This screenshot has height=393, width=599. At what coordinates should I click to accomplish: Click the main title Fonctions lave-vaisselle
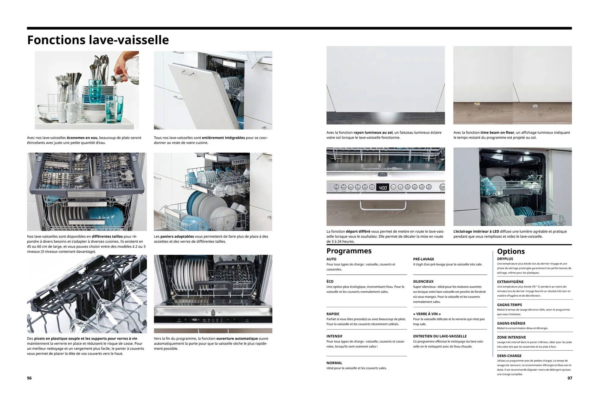(x=98, y=40)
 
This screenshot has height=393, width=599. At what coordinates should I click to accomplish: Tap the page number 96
(x=29, y=378)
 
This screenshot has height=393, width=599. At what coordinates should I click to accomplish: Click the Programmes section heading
(x=349, y=251)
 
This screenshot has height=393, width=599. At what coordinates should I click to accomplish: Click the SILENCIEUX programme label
(x=423, y=281)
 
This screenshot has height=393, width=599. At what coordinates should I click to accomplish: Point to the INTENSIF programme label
(x=334, y=336)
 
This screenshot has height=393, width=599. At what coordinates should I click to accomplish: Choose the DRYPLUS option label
(x=505, y=259)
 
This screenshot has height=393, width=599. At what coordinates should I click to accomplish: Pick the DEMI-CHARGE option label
(x=509, y=356)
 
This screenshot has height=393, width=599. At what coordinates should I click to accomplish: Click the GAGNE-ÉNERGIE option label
(x=511, y=323)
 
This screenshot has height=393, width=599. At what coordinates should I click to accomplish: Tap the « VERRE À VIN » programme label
(x=427, y=314)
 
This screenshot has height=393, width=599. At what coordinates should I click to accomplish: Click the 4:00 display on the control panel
(x=382, y=187)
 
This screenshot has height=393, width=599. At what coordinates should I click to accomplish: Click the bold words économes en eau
(x=82, y=138)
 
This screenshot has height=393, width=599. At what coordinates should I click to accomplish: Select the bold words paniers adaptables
(x=177, y=236)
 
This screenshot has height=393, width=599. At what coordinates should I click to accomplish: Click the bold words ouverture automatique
(x=237, y=339)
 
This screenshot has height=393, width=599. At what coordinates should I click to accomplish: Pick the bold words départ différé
(x=358, y=231)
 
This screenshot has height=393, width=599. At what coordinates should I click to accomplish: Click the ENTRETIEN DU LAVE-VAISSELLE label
(x=440, y=336)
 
